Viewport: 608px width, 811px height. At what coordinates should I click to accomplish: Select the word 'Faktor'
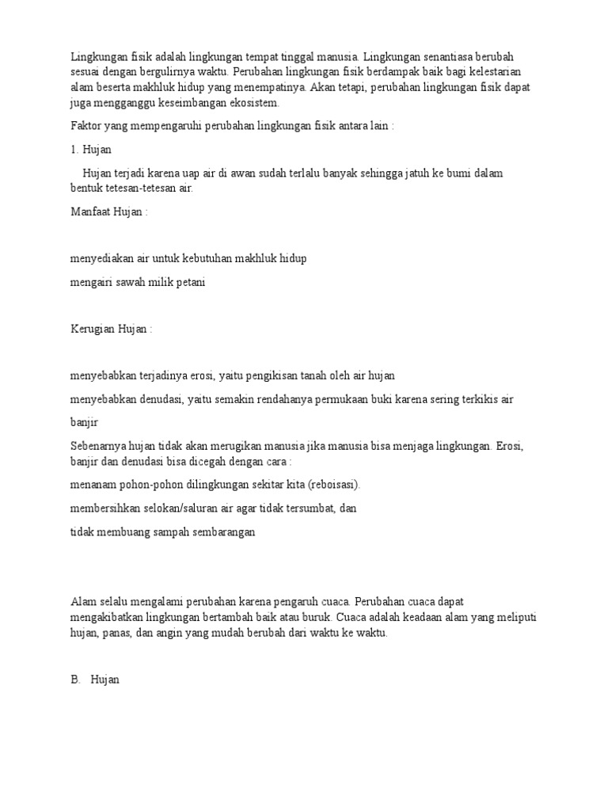coord(86,126)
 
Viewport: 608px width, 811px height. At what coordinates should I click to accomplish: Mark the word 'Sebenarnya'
coord(98,446)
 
